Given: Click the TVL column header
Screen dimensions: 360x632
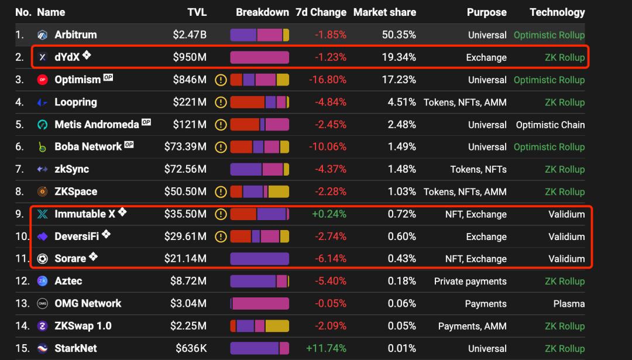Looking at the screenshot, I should pyautogui.click(x=197, y=12).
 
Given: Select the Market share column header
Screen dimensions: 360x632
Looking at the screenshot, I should pyautogui.click(x=384, y=12).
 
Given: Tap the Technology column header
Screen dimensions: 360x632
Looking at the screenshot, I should pyautogui.click(x=557, y=12).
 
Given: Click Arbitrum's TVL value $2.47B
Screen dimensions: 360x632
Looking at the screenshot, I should pyautogui.click(x=190, y=35).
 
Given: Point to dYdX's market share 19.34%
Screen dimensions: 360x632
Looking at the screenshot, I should pyautogui.click(x=399, y=57).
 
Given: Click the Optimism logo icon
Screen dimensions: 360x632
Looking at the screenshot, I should pyautogui.click(x=42, y=80).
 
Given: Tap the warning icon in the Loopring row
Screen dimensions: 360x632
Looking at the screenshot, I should pyautogui.click(x=221, y=102).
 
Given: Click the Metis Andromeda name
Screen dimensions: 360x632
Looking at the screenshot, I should pyautogui.click(x=97, y=125).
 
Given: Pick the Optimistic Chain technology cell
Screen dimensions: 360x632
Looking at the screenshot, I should pyautogui.click(x=550, y=125).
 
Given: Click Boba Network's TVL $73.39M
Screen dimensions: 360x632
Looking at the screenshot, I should pyautogui.click(x=185, y=147).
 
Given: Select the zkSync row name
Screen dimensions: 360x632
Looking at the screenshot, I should pyautogui.click(x=71, y=169).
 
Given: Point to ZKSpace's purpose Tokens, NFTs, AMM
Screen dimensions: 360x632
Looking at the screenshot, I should pyautogui.click(x=465, y=192).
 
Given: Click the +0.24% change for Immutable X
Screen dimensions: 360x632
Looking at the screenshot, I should pyautogui.click(x=329, y=214).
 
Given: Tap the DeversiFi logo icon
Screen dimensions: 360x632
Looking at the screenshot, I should pyautogui.click(x=42, y=236).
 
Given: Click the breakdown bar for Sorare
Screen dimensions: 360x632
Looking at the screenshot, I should pyautogui.click(x=259, y=259).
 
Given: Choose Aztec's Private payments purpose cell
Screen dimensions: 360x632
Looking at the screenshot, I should pyautogui.click(x=470, y=282).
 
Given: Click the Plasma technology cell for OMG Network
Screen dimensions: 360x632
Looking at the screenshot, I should pyautogui.click(x=569, y=304).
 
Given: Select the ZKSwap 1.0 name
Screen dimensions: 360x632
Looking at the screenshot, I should pyautogui.click(x=83, y=326).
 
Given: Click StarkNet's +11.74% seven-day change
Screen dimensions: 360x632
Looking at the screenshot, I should pyautogui.click(x=326, y=348).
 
